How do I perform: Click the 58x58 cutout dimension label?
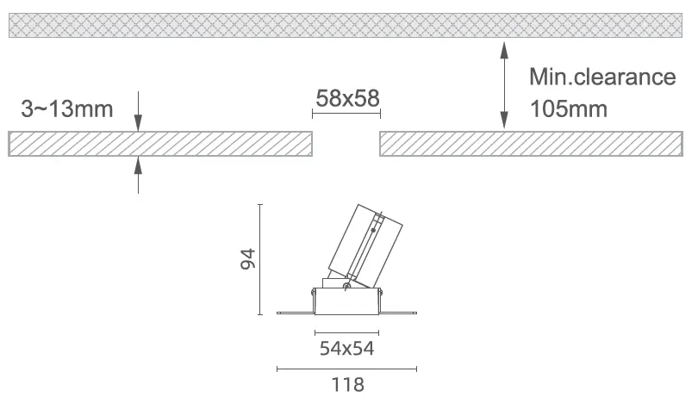click(x=347, y=98)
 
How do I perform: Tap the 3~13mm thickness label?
click(x=66, y=109)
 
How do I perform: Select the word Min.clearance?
click(x=602, y=77)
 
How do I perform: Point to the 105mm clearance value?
click(x=569, y=109)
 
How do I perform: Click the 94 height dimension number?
click(x=248, y=258)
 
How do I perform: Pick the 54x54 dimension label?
click(x=346, y=348)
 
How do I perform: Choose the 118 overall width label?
click(x=347, y=385)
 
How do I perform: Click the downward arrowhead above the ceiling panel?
click(x=139, y=122)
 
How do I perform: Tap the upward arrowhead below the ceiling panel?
click(x=139, y=165)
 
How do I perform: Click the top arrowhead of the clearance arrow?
click(x=504, y=51)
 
